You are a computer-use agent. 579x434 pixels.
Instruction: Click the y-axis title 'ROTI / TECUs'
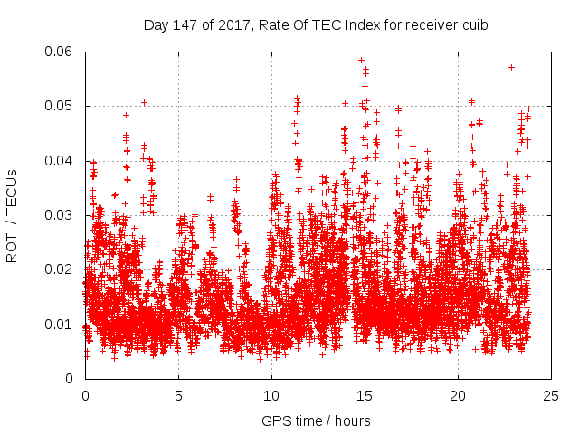tap(12, 215)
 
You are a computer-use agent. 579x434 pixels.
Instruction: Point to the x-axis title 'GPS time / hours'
tap(316, 420)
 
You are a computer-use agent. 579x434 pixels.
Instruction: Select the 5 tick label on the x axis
tap(178, 395)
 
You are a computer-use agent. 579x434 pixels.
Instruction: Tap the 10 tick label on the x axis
tap(271, 395)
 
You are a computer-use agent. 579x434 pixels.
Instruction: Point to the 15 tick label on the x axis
tap(365, 395)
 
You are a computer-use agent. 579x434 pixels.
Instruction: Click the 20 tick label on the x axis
tap(458, 395)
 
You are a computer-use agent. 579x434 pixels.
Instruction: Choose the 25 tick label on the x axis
tap(551, 395)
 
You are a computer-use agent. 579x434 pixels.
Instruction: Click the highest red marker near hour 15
tap(361, 60)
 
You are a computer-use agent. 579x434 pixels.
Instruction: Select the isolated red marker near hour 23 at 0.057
tap(511, 67)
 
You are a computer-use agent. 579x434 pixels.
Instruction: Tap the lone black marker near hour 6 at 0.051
tap(195, 99)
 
